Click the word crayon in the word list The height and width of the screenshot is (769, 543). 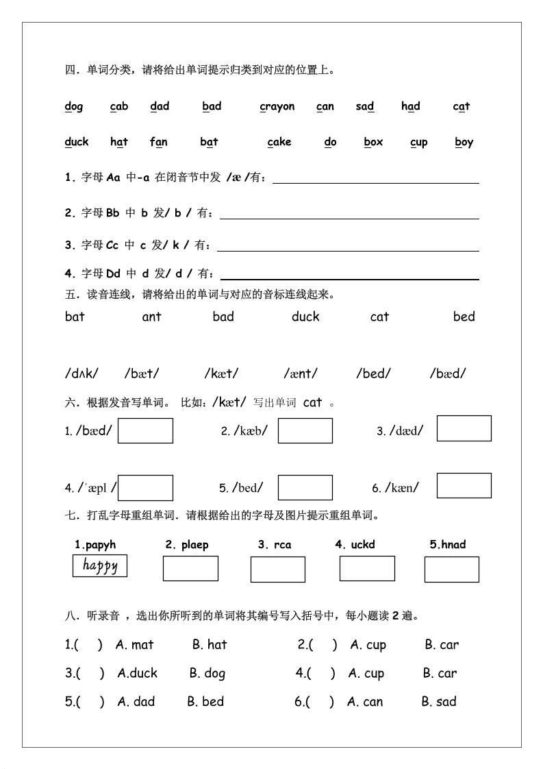click(277, 106)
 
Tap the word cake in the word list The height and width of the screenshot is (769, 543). click(279, 142)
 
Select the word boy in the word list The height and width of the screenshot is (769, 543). click(464, 143)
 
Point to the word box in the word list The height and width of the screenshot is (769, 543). click(373, 142)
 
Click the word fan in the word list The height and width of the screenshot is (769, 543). click(159, 142)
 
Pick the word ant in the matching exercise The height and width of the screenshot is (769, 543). click(151, 317)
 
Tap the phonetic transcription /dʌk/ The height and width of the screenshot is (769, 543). click(81, 374)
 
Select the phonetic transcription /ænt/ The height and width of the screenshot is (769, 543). click(301, 374)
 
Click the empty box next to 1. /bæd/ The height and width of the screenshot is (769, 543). click(145, 431)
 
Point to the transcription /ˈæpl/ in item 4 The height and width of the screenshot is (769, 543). click(96, 488)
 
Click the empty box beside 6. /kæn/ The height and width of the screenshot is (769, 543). click(464, 485)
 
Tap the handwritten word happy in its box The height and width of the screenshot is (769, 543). click(100, 565)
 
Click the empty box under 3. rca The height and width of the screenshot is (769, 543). click(277, 570)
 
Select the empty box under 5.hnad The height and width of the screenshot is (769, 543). click(451, 570)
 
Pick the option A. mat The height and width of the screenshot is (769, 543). click(135, 645)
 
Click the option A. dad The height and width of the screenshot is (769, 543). click(136, 702)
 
